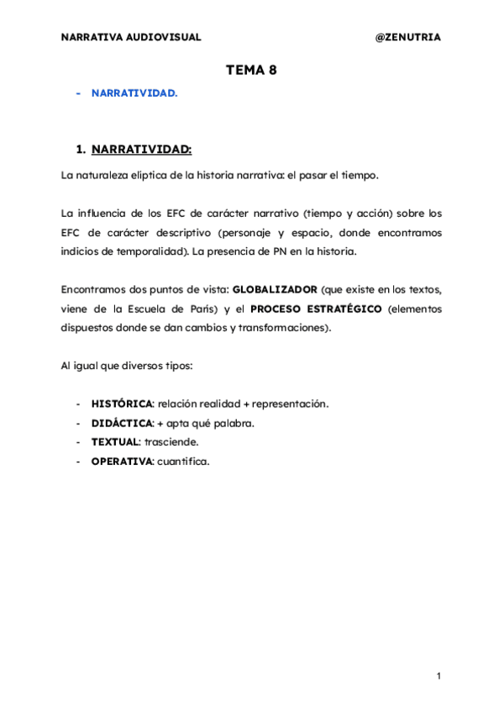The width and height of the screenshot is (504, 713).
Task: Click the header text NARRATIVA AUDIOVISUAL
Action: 131,37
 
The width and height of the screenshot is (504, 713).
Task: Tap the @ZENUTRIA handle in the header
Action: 407,37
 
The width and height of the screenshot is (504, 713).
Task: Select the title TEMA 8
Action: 251,71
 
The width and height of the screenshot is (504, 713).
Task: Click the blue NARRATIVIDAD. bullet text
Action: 134,93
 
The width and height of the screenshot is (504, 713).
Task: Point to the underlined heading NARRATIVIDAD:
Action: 141,150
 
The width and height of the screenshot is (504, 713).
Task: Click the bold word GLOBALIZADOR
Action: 275,289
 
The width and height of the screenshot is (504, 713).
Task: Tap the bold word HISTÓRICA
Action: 122,404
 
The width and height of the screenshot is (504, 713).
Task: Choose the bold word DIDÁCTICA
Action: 122,423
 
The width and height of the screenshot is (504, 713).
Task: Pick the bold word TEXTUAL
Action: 115,441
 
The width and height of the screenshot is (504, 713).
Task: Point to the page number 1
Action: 438,676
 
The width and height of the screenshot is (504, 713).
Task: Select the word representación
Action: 290,404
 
